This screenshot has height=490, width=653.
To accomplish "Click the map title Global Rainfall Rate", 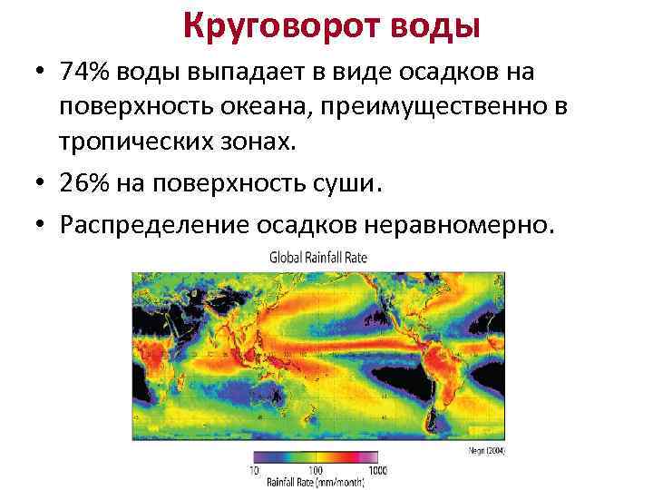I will (318, 258).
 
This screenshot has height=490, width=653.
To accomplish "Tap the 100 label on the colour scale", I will (317, 472).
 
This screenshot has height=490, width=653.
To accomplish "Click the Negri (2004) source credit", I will (489, 450).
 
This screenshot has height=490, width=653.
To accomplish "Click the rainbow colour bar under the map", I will (317, 458).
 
